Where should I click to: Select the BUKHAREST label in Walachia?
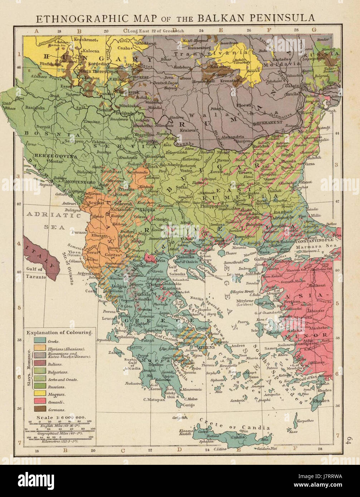[x=267, y=123]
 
